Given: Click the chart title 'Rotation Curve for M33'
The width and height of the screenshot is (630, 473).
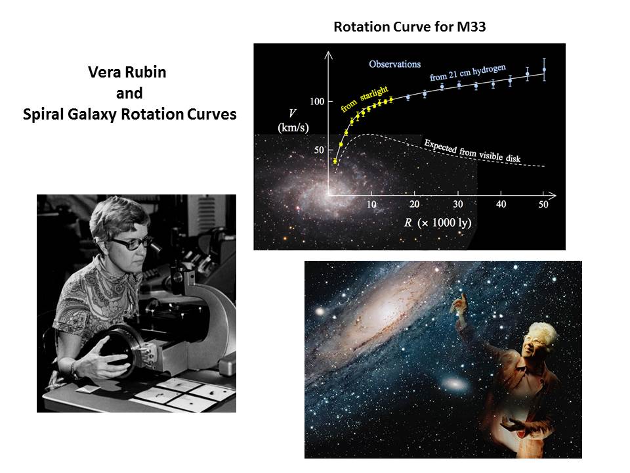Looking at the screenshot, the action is pos(409,26).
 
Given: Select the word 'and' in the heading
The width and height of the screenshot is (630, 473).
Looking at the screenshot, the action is pos(129,93).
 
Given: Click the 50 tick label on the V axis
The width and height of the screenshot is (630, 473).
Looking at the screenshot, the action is pos(319,150).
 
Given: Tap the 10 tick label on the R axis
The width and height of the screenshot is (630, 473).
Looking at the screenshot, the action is pos(371,204).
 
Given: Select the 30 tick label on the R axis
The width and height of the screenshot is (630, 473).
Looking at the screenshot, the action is pos(458,204).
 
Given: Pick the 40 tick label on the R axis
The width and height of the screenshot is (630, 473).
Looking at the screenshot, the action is pos(501,204).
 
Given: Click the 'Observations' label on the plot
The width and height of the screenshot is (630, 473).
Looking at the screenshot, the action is pos(394,64).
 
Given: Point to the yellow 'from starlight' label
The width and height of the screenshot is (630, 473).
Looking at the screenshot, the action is pos(364,99).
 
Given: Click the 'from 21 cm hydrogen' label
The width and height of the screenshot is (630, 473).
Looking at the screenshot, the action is pos(468,72).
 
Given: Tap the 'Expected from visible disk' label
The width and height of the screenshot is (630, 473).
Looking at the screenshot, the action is pos(472,151).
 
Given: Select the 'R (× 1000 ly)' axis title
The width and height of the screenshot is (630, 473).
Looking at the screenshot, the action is pos(438,223).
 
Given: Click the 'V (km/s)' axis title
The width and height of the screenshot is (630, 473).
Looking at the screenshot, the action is pos(293,121).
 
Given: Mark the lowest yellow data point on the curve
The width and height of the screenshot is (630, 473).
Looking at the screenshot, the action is pos(335,162).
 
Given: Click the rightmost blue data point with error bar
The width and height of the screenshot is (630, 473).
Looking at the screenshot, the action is pos(544,70).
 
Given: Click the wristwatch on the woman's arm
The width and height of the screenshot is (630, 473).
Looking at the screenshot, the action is pos(74,369).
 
